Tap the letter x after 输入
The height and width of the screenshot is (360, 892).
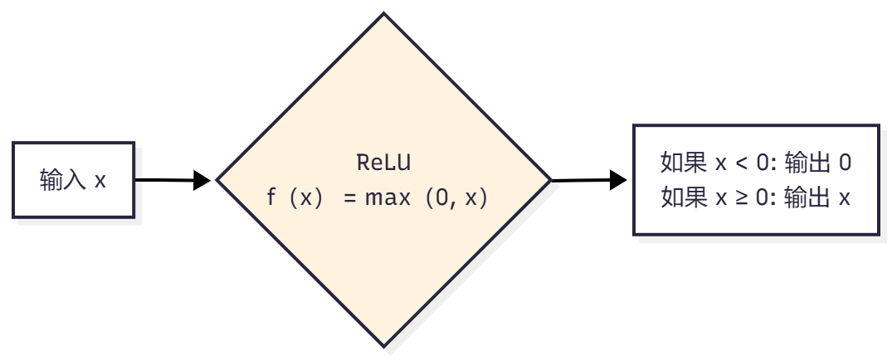[x=100, y=179]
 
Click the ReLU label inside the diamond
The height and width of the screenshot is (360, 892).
[x=383, y=162]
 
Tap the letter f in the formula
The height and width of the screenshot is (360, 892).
[x=271, y=198]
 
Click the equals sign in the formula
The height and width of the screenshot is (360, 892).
[x=349, y=198]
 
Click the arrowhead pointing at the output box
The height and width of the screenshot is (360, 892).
[x=617, y=179]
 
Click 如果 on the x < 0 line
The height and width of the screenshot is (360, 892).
[x=684, y=163]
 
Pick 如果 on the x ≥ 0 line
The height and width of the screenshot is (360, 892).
[x=684, y=198]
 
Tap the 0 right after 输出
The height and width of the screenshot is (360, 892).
[x=845, y=163]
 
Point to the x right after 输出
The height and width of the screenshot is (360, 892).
[x=845, y=198]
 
